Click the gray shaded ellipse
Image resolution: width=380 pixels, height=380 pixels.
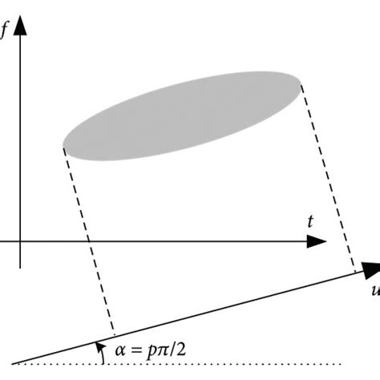point(183,116)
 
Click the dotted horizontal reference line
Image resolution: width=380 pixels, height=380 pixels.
point(241,365)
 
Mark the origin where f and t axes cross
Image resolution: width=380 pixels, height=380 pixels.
point(21,241)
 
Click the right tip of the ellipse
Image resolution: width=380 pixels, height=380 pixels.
point(301,83)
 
